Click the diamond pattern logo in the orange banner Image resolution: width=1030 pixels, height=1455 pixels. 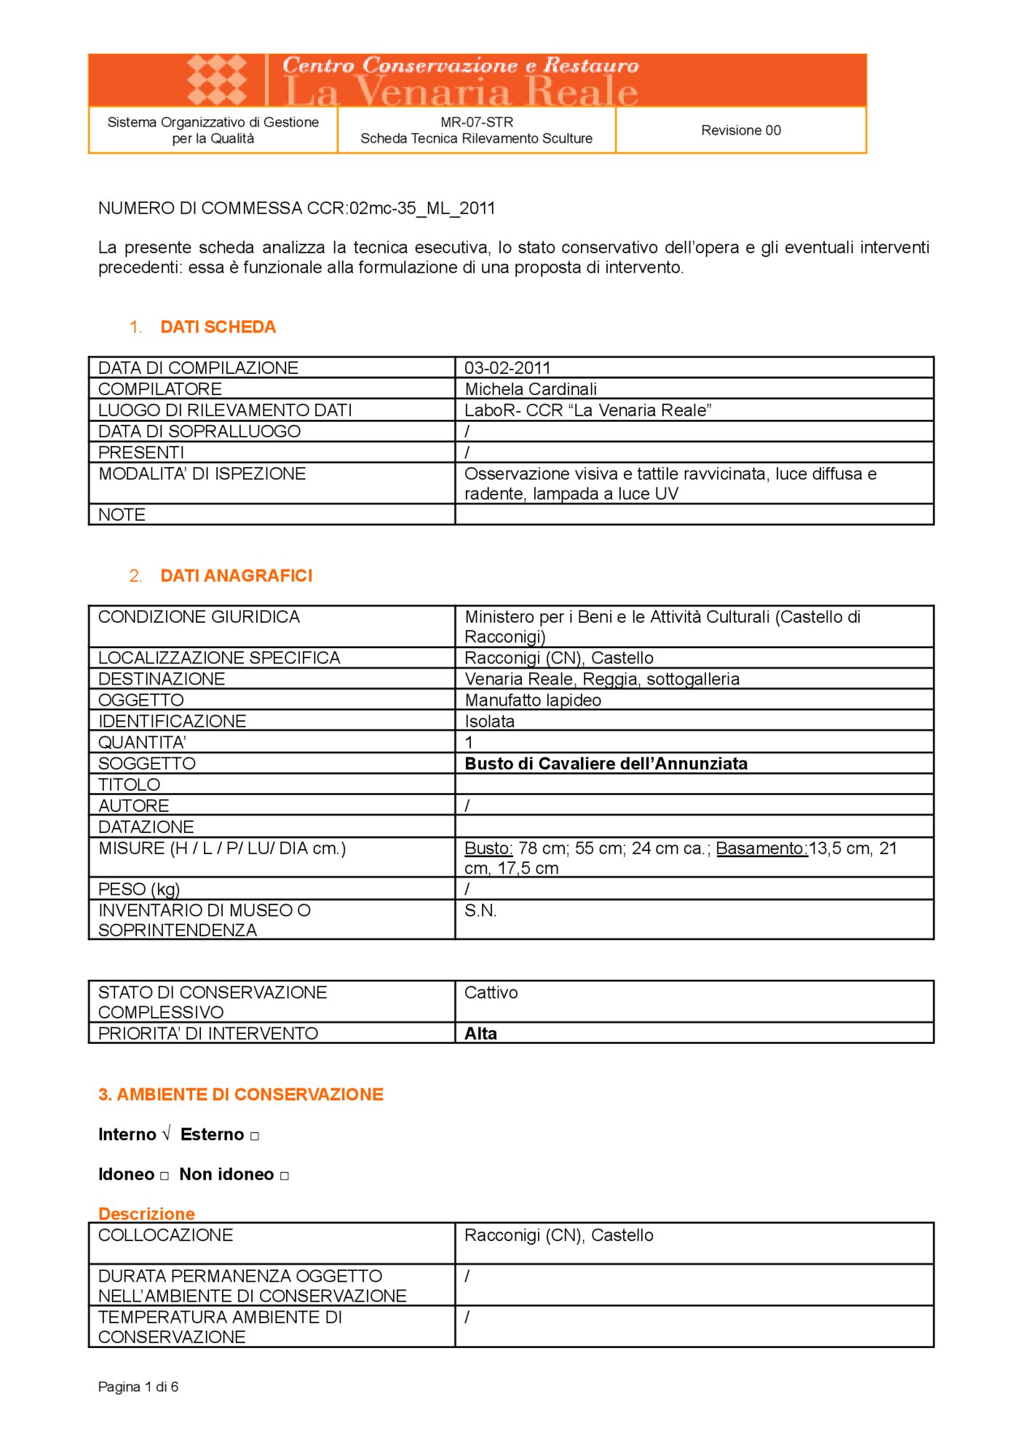(x=216, y=79)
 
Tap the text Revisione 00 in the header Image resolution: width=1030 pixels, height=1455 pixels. (x=740, y=130)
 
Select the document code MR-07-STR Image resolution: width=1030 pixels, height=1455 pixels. (x=477, y=122)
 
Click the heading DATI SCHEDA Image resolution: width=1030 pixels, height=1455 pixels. (x=218, y=327)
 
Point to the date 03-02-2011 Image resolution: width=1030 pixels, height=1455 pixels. (x=507, y=368)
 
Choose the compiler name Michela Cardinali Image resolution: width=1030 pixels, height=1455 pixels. (x=531, y=389)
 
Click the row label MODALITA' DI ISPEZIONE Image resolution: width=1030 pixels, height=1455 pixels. (x=202, y=474)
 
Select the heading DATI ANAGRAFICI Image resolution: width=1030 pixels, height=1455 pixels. (x=236, y=576)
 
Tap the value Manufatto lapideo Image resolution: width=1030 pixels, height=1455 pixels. (x=533, y=701)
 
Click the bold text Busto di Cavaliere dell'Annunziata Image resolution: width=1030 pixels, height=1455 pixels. (x=606, y=764)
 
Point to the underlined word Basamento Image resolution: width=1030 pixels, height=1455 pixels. (x=761, y=848)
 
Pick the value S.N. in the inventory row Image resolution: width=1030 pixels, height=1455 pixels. (x=480, y=911)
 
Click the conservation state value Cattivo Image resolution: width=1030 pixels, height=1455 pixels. (x=491, y=993)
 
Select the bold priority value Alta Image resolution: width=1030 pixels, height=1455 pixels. (x=480, y=1034)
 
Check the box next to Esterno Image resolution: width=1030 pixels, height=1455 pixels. (x=255, y=1136)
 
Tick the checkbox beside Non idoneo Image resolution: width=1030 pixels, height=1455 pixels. (x=285, y=1176)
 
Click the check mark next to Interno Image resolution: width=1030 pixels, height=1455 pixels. (x=166, y=1134)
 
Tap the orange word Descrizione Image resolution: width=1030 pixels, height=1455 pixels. (x=146, y=1214)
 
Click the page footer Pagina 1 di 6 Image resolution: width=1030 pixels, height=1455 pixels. (x=138, y=1387)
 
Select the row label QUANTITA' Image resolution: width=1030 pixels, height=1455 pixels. (x=142, y=743)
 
